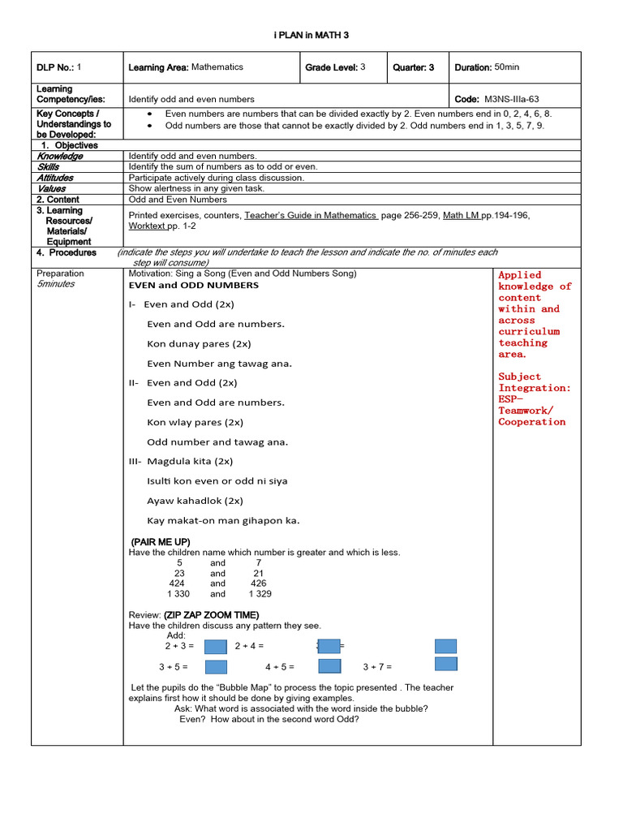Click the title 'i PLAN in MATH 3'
tap(311, 36)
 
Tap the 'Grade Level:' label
tap(332, 68)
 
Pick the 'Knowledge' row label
tap(59, 156)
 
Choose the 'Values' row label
tap(51, 188)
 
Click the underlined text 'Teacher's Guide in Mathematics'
tap(311, 215)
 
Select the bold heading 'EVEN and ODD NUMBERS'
tap(194, 286)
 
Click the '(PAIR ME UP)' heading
tap(161, 541)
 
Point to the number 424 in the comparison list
tap(177, 583)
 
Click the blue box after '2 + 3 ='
tap(215, 647)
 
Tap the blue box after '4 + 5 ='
tap(329, 666)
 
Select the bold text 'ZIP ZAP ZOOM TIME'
tap(211, 615)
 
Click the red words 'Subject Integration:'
tap(534, 382)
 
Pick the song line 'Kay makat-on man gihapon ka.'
tap(223, 520)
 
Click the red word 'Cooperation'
tap(531, 422)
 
